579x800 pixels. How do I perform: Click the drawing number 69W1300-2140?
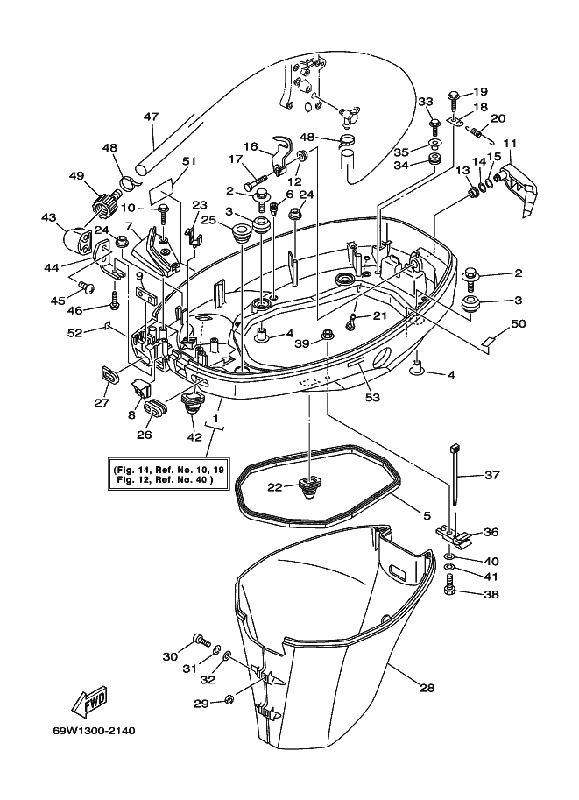[x=95, y=731]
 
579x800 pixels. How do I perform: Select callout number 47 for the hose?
[x=151, y=117]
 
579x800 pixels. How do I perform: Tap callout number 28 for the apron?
[x=427, y=688]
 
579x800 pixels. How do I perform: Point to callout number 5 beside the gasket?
[x=427, y=515]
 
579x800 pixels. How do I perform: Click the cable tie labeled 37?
[x=454, y=475]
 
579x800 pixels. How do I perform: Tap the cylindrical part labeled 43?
[x=76, y=237]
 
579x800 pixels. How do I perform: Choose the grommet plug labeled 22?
[x=309, y=486]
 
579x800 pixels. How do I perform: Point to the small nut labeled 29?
[x=229, y=698]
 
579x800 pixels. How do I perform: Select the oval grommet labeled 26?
[x=155, y=408]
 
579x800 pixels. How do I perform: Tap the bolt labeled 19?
[x=454, y=101]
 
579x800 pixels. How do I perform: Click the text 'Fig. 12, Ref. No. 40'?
[x=165, y=479]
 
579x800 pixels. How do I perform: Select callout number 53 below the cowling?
[x=372, y=396]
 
